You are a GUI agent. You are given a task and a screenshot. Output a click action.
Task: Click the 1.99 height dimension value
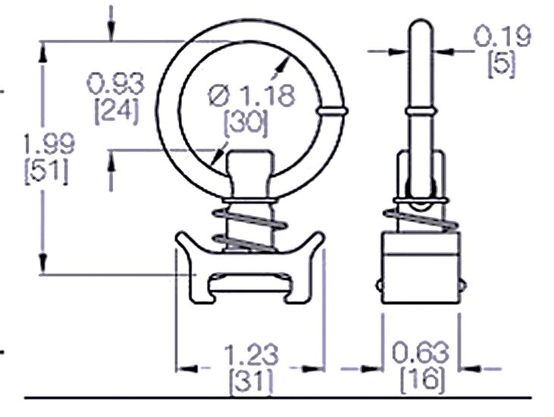click(49, 143)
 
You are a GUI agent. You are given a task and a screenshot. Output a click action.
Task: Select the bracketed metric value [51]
click(46, 172)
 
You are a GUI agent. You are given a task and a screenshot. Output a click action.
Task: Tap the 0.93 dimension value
click(115, 83)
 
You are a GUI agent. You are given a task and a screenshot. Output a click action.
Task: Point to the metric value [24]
click(116, 111)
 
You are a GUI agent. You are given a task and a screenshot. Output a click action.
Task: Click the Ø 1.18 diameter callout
click(252, 96)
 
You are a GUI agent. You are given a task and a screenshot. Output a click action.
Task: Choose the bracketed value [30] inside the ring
click(246, 124)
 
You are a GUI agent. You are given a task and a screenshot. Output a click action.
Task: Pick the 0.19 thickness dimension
click(502, 36)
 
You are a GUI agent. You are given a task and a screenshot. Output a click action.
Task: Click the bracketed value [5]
click(502, 64)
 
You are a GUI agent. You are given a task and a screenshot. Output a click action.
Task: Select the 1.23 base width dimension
click(251, 355)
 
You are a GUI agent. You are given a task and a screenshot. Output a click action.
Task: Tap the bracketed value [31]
click(251, 382)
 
